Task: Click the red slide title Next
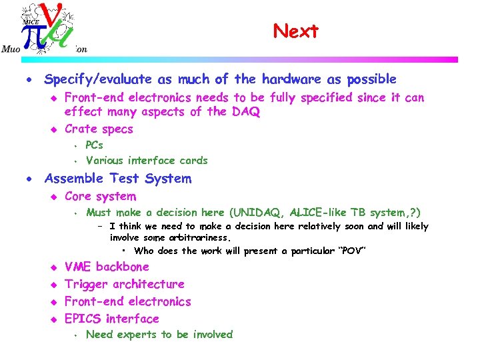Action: pos(296,31)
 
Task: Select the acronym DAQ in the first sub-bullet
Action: pos(245,112)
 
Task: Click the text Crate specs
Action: pos(99,129)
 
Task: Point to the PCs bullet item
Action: pos(95,145)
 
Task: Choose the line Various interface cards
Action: pos(147,161)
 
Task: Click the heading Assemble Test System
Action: pos(117,179)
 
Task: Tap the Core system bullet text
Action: pos(100,197)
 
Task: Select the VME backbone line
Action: pos(107,267)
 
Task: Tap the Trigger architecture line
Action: pos(124,284)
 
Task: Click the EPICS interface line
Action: pos(112,319)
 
